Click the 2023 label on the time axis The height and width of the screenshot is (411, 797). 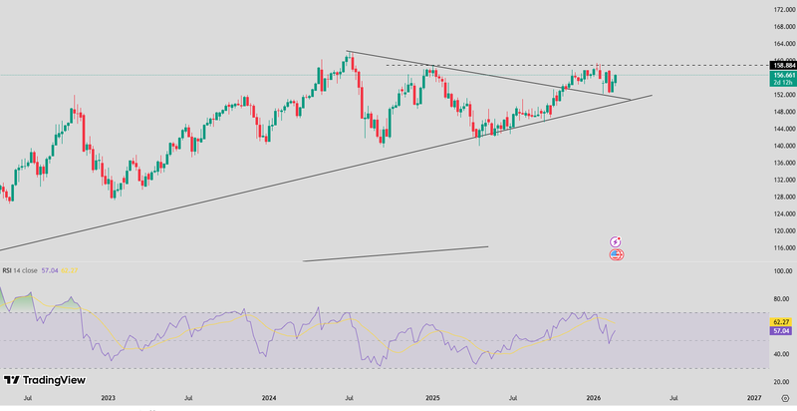pos(108,397)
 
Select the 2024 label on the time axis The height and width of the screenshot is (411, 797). pos(269,397)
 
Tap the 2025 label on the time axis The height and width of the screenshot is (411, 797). pos(431,397)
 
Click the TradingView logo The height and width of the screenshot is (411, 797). pos(45,380)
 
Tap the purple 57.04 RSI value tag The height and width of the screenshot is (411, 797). pos(781,331)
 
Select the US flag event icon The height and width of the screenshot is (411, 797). pos(616,254)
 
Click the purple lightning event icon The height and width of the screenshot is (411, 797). pos(616,241)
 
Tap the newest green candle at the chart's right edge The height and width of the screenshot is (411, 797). pos(617,78)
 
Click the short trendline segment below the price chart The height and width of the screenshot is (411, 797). pos(396,253)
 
